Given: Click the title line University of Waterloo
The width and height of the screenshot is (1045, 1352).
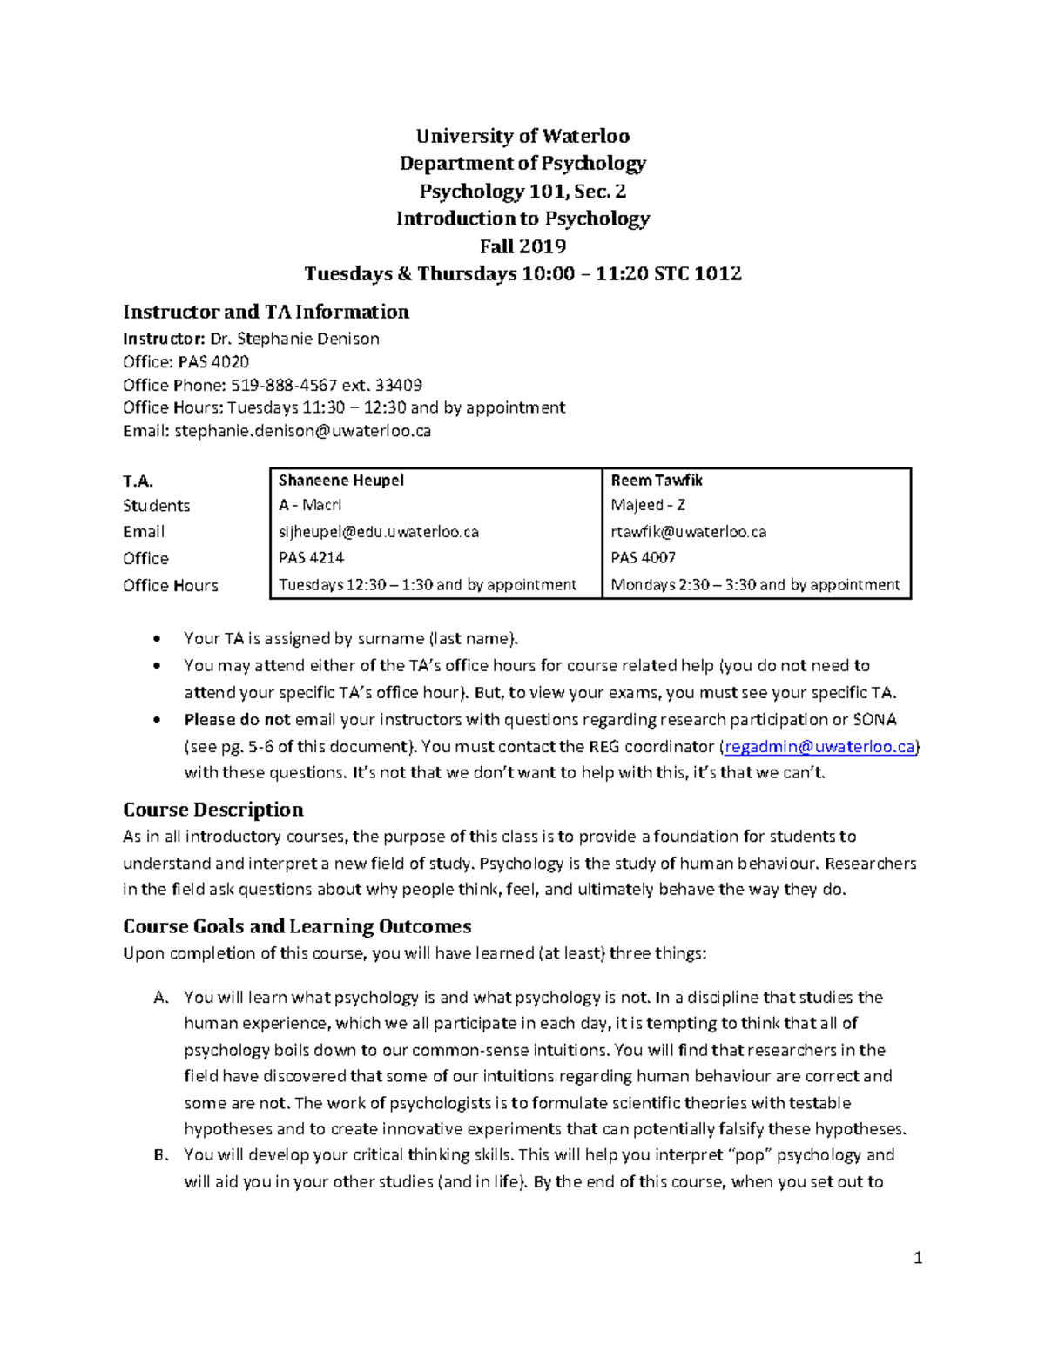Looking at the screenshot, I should (x=522, y=136).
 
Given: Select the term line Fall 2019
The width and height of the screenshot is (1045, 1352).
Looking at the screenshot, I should (x=522, y=246).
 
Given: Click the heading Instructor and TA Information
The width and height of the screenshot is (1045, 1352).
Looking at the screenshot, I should (x=266, y=312).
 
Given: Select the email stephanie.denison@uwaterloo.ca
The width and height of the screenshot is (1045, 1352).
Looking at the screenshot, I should (x=302, y=430).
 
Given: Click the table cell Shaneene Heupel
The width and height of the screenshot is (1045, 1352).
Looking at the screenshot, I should (x=340, y=480).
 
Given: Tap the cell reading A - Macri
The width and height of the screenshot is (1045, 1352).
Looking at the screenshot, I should (x=310, y=505).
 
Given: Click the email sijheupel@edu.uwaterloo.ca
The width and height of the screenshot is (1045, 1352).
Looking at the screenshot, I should (x=378, y=532).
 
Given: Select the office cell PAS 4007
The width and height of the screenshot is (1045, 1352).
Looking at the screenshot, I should (x=643, y=557).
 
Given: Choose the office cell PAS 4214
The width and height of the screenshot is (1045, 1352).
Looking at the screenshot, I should (x=311, y=557).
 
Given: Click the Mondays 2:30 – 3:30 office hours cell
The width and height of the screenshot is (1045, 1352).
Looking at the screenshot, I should (x=755, y=585).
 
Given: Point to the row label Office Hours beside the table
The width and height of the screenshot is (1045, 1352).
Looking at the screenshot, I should (x=171, y=585).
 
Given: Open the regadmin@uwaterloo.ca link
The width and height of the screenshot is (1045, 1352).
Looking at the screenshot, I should (x=819, y=746).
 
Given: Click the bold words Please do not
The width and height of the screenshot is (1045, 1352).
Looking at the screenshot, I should (x=237, y=719).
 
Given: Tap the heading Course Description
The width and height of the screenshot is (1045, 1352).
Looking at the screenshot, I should (x=213, y=809).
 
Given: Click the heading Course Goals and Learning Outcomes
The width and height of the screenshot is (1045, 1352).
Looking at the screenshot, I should (x=297, y=925).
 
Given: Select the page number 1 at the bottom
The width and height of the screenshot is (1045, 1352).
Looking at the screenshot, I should (x=918, y=1257).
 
